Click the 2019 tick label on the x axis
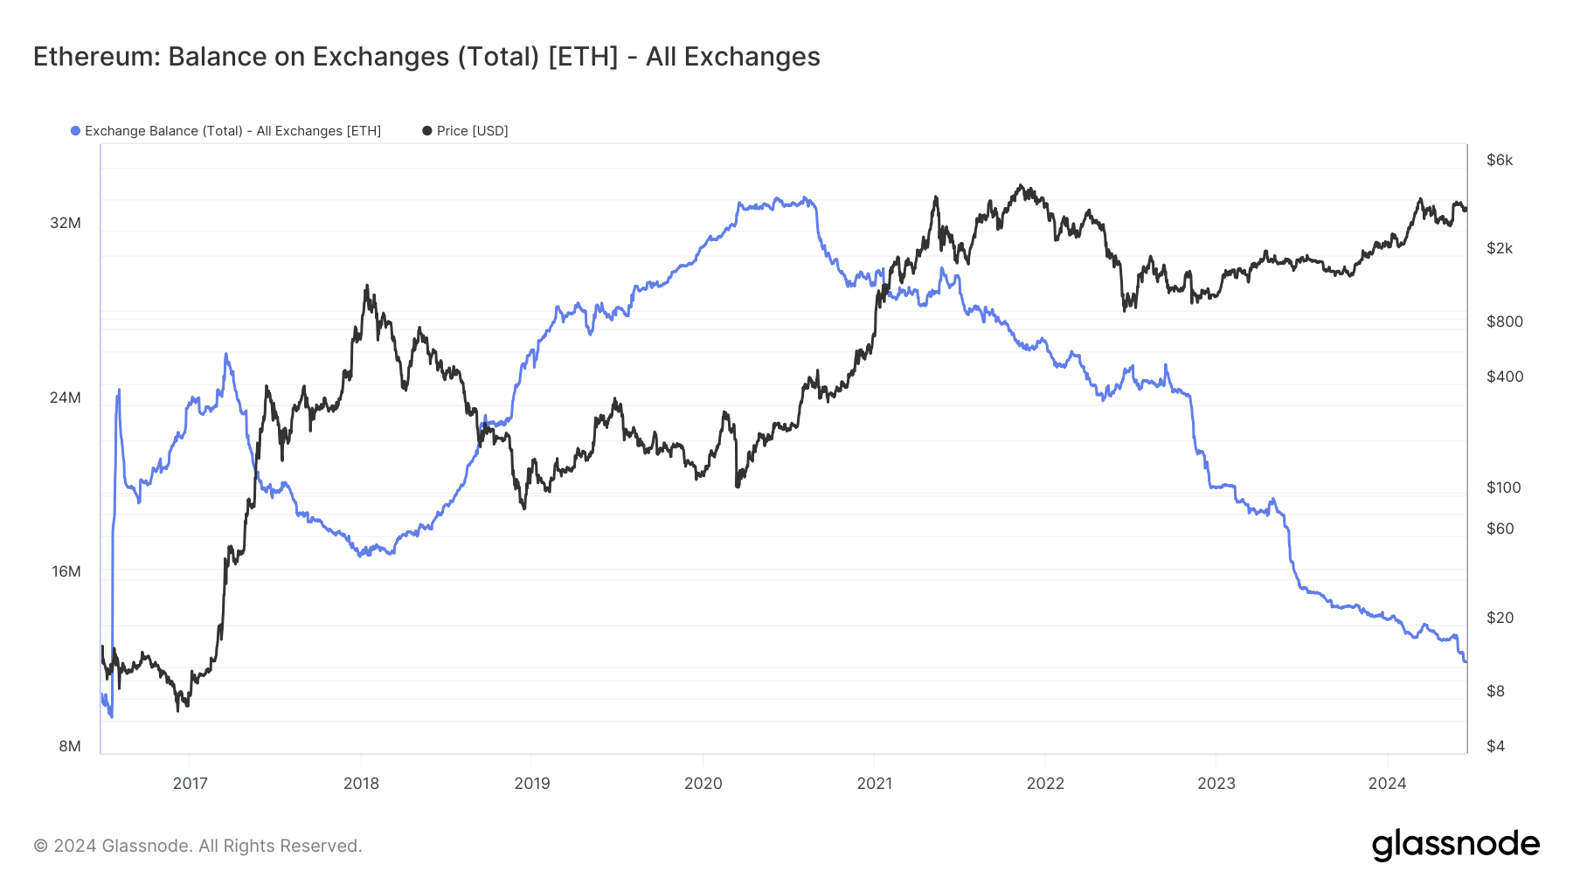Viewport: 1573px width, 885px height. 532,784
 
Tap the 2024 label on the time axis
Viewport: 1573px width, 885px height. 1387,784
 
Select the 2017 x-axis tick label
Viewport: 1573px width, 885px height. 190,784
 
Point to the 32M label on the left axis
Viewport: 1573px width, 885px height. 66,224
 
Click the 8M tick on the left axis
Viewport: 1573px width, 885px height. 70,746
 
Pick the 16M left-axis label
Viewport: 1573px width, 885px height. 66,572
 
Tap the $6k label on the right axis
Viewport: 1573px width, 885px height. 1500,161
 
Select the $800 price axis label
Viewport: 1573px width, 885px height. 1505,322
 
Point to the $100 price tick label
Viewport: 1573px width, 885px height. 1504,488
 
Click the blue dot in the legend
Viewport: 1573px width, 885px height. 76,131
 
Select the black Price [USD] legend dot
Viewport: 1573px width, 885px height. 427,131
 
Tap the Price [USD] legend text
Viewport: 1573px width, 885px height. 472,131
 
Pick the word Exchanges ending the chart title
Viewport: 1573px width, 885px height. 752,57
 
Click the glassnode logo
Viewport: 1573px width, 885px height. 1455,845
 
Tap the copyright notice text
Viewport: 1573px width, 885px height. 197,846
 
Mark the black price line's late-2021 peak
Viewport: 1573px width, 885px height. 1020,185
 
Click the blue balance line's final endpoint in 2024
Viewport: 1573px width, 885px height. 1466,661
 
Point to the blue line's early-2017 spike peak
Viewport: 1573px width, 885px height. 226,354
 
